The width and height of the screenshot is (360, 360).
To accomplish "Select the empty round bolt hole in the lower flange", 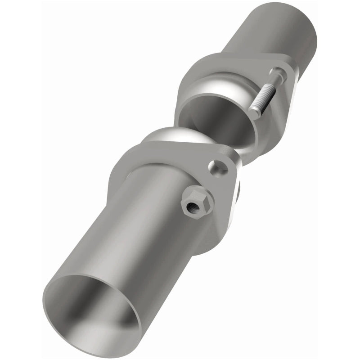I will pos(219,167).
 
